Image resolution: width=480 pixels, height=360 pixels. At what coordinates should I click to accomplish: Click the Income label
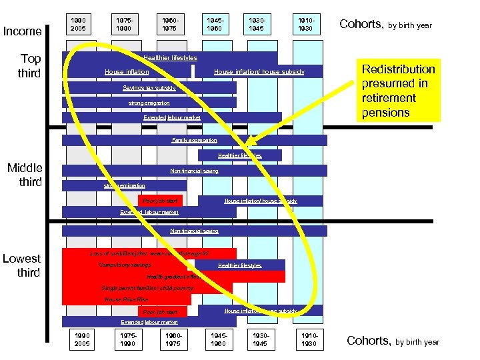click(x=23, y=31)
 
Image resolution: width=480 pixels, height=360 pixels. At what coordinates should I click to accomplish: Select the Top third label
click(x=30, y=65)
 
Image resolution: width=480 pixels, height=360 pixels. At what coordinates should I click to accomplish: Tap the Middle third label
click(x=25, y=175)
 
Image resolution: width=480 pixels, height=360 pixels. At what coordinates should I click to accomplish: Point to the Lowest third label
click(x=22, y=265)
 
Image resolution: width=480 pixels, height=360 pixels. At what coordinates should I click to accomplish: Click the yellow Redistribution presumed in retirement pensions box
click(x=398, y=91)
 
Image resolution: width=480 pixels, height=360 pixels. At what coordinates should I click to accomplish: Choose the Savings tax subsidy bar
click(x=149, y=87)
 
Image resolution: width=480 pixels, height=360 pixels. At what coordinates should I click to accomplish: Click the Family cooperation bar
click(x=194, y=140)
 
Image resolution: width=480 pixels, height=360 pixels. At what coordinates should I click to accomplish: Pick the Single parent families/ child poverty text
click(x=147, y=288)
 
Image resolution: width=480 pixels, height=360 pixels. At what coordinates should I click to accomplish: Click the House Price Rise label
click(x=127, y=299)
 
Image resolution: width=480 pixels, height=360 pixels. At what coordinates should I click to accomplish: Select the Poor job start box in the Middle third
click(x=160, y=200)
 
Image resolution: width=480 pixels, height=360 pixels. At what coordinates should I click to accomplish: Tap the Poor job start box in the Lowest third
click(x=160, y=311)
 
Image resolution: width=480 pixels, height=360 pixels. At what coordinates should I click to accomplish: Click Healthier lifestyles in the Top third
click(x=170, y=58)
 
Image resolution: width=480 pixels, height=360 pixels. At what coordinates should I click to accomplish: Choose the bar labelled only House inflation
click(x=127, y=72)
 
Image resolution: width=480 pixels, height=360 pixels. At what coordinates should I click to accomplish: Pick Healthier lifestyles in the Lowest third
click(x=240, y=265)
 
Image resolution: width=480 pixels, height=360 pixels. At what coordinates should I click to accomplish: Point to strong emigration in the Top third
click(x=149, y=103)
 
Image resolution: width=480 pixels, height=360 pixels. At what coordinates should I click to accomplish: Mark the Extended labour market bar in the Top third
click(x=172, y=117)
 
